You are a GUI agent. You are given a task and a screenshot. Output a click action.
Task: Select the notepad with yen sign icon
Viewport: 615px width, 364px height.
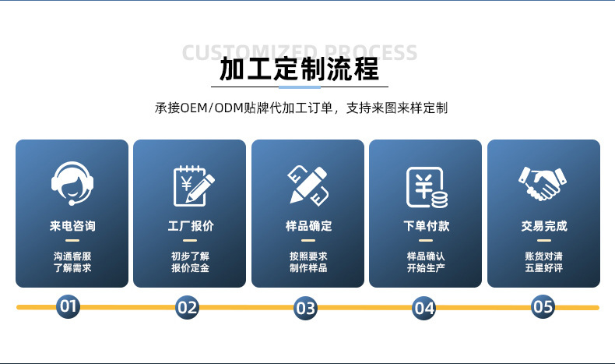tap(192, 186)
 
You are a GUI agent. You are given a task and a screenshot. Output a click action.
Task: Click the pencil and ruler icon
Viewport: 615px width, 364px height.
tap(307, 186)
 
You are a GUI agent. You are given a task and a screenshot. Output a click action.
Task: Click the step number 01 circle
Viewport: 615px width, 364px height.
tap(69, 306)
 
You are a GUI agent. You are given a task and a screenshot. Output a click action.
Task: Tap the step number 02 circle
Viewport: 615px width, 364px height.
tap(188, 306)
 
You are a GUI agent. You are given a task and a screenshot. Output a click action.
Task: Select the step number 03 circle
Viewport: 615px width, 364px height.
tap(305, 308)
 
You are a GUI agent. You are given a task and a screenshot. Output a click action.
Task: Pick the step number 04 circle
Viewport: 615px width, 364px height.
tap(423, 308)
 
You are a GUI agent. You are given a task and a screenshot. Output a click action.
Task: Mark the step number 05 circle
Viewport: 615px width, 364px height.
tap(543, 306)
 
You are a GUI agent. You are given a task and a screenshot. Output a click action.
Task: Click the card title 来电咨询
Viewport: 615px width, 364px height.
tap(72, 226)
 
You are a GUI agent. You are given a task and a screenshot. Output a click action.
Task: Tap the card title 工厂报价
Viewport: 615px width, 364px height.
tap(191, 226)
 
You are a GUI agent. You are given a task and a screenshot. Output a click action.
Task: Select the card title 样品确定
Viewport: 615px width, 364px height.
tap(308, 226)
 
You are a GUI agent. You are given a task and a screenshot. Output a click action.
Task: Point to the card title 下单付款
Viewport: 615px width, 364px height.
tap(426, 226)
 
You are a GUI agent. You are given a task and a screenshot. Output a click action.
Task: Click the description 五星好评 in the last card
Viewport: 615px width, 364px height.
tap(543, 268)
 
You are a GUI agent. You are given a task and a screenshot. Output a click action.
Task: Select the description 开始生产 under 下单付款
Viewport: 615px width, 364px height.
tap(426, 268)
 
